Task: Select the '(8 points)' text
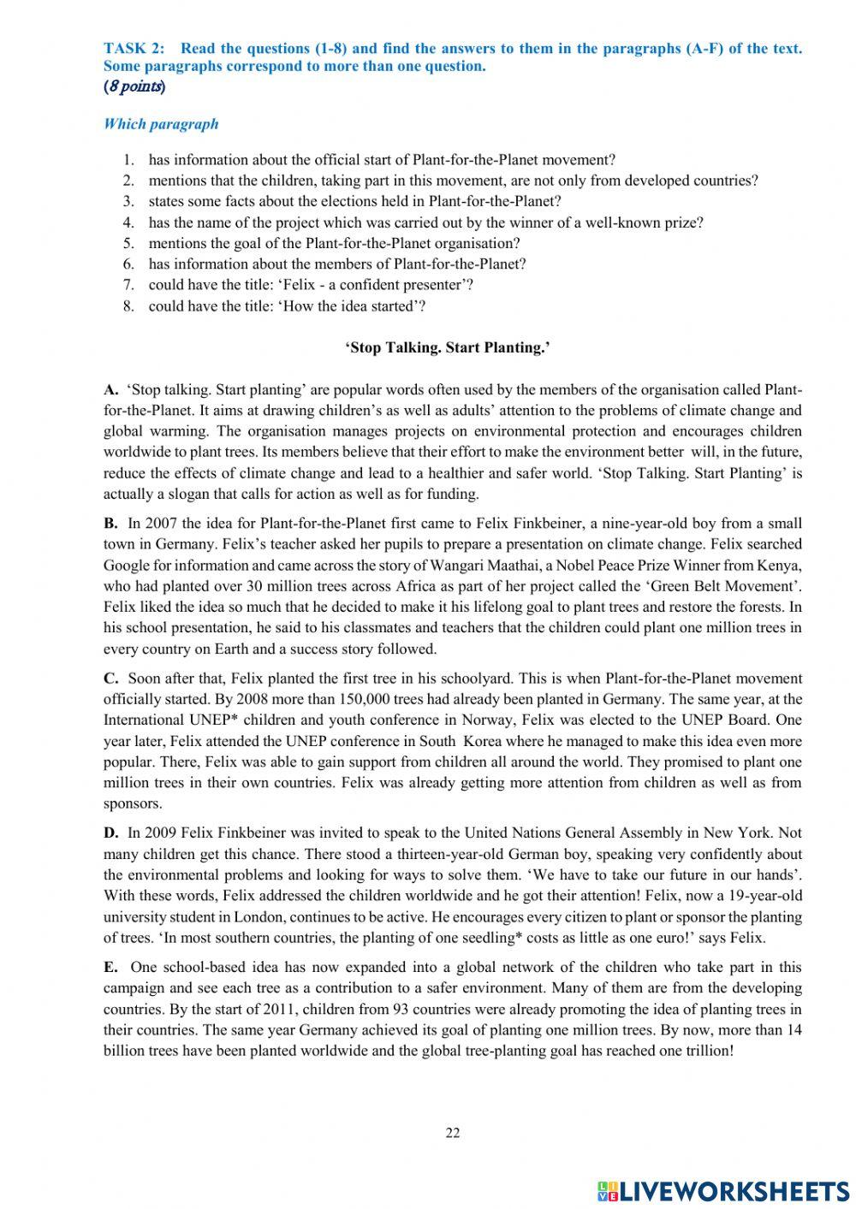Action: tap(134, 86)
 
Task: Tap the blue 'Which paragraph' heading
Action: tap(161, 124)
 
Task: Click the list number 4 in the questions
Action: tap(128, 222)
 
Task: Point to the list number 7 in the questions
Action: tap(128, 285)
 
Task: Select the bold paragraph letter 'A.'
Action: tap(111, 390)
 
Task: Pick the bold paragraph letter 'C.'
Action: tap(111, 679)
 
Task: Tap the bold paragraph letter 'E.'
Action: tap(110, 968)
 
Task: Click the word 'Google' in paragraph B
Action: tap(125, 566)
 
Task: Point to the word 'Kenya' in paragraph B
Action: tap(783, 566)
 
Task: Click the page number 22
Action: tap(453, 1134)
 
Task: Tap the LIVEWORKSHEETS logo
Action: tap(723, 1190)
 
